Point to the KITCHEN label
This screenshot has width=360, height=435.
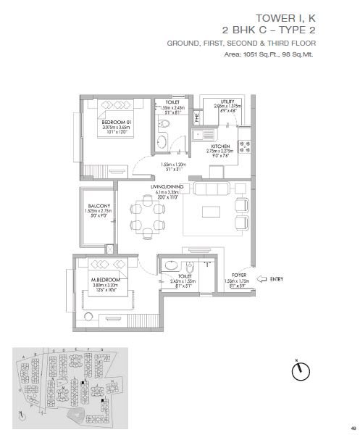220,146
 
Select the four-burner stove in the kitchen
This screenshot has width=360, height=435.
242,147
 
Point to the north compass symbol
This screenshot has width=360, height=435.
297,371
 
